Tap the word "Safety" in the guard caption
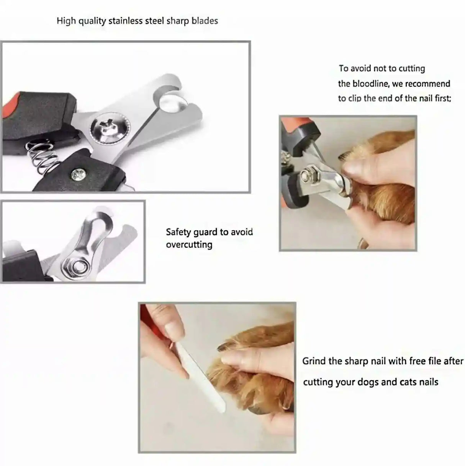pos(180,232)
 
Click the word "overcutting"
pos(189,245)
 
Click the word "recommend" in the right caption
pos(428,84)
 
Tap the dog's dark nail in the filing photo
pos(224,347)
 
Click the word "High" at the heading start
pos(66,21)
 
